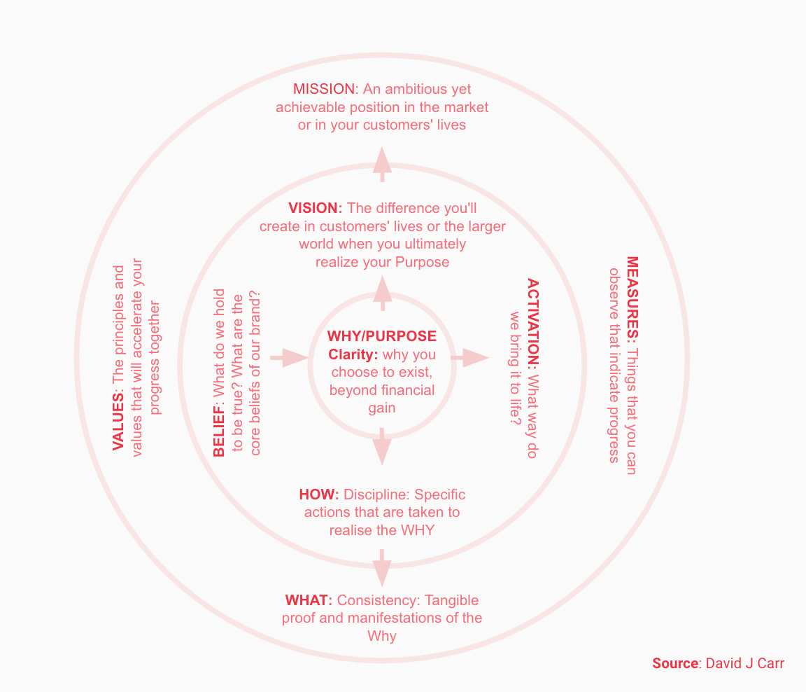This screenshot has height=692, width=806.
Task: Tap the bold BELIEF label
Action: coord(219,433)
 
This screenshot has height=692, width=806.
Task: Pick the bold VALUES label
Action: coord(118,424)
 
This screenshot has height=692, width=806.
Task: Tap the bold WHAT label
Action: coord(308,601)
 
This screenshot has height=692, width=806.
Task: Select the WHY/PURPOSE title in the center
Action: coord(381,336)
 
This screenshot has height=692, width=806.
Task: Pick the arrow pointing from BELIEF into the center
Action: coord(289,358)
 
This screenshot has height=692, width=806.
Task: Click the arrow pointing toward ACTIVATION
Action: coord(470,358)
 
